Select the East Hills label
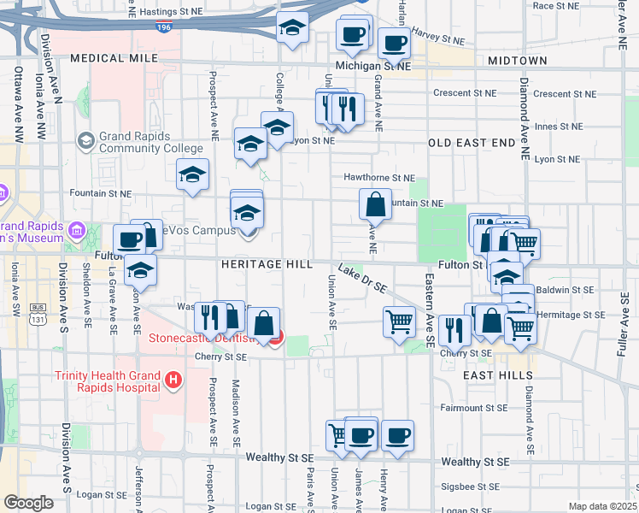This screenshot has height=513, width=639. [x=487, y=375]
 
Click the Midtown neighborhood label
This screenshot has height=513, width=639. [x=517, y=61]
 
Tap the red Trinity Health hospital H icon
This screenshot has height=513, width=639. [x=173, y=380]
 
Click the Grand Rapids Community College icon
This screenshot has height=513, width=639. [x=85, y=139]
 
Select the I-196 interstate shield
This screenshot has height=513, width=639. [x=163, y=27]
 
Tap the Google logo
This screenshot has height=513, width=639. [x=28, y=503]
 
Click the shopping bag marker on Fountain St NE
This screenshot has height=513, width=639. [x=375, y=205]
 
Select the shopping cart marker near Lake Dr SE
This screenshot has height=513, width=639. [x=399, y=322]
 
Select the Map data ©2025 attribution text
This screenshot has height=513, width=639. [x=602, y=506]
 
